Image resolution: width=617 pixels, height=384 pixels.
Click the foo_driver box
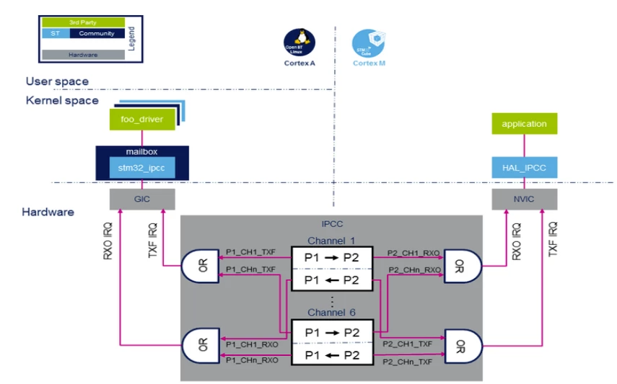coord(142,120)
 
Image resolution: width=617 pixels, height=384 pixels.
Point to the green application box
coord(525,124)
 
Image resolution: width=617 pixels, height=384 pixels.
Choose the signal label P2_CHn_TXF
coord(409,361)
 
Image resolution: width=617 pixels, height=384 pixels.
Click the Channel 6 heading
coord(331,313)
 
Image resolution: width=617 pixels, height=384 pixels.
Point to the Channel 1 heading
coord(331,240)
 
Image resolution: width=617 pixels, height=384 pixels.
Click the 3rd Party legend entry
coord(83,23)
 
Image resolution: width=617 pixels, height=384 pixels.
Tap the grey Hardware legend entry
coord(83,54)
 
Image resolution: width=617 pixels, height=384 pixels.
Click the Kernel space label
coord(62,100)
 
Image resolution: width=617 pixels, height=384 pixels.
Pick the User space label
coord(57,81)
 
